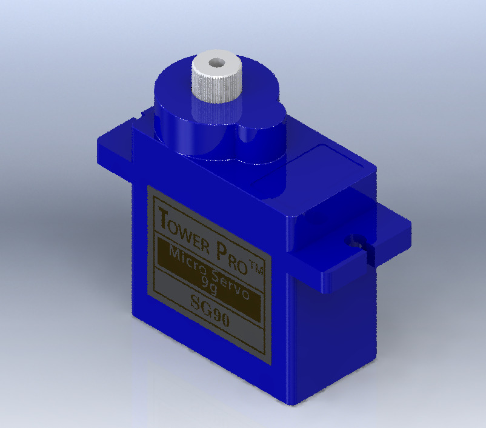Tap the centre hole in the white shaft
pos(216,62)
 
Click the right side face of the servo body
pos(333,327)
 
